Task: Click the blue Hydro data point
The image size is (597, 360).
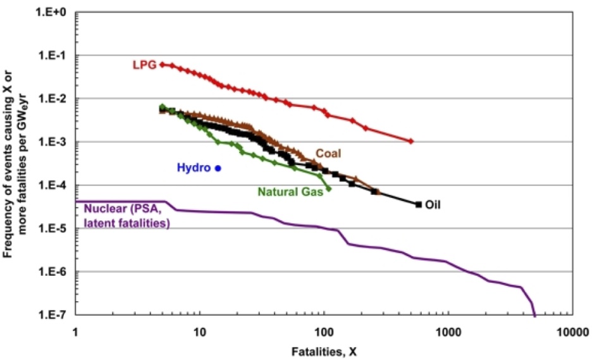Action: click(218, 168)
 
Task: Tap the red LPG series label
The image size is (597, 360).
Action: click(143, 65)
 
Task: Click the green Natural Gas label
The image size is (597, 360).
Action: click(290, 190)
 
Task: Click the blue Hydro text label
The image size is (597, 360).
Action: click(194, 168)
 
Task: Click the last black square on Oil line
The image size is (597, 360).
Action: click(418, 204)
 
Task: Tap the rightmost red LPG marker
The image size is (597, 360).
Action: click(411, 141)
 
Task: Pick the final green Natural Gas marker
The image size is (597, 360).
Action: click(329, 189)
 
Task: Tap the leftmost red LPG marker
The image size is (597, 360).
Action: click(163, 65)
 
